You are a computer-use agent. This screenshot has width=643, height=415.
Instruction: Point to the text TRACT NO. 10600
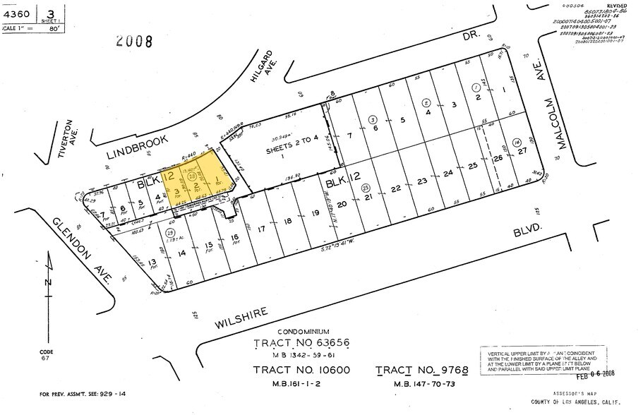301,371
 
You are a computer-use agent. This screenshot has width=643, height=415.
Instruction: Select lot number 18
287,222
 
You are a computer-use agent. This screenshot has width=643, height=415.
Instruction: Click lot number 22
396,188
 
